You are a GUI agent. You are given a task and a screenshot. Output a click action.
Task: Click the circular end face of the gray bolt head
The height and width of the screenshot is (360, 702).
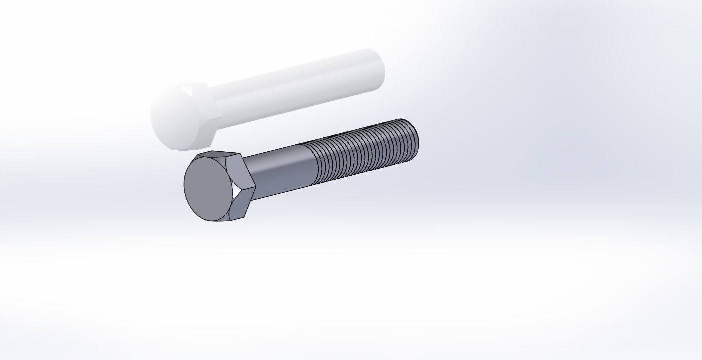(x=208, y=188)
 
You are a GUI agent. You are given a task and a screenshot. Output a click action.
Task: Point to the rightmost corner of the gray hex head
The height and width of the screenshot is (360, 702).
(x=255, y=188)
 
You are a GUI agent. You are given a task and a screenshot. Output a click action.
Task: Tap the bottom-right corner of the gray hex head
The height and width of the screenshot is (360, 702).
(x=246, y=216)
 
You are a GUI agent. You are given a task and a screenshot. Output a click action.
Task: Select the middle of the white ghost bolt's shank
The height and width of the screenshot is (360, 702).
(x=295, y=90)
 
